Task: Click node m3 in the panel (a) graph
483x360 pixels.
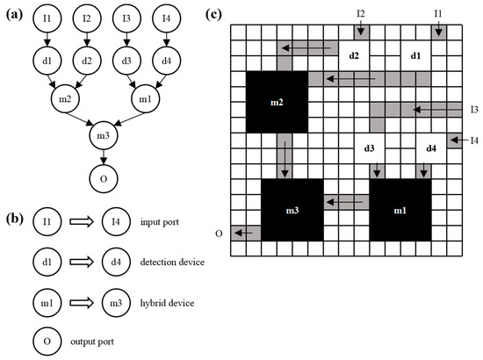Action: (x=105, y=136)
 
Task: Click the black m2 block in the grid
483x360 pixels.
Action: (x=277, y=102)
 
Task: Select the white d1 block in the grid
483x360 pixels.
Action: (x=415, y=55)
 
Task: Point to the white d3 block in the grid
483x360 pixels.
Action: (x=369, y=148)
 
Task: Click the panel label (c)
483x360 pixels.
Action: (x=238, y=14)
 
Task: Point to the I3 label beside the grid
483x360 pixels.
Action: (x=473, y=109)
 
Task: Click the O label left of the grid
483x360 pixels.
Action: (x=221, y=233)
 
